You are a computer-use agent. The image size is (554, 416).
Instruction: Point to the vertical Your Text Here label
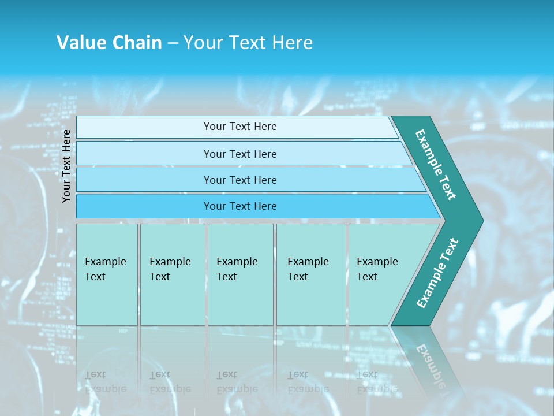pos(66,166)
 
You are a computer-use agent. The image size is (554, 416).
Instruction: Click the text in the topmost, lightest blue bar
pos(240,127)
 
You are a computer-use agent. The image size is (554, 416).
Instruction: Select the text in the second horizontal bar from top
pos(240,154)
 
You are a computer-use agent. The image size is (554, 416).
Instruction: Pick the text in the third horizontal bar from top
pos(240,180)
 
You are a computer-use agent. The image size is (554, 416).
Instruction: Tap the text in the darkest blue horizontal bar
pos(240,206)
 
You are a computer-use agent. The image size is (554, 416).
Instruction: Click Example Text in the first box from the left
pos(105,269)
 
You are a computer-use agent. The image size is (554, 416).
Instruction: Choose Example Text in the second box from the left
pos(170,269)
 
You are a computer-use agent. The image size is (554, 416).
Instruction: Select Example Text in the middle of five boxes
pos(237,269)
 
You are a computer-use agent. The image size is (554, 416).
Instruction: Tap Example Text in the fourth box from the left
pos(308,269)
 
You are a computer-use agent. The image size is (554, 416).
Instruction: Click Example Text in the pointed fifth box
pos(377,269)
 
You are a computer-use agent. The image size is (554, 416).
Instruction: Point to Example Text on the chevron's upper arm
pos(436,165)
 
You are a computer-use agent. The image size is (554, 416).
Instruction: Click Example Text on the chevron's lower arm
pos(437,273)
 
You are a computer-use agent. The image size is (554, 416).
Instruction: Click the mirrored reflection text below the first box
pos(105,382)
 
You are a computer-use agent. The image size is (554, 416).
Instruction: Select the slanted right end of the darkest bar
pos(434,207)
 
